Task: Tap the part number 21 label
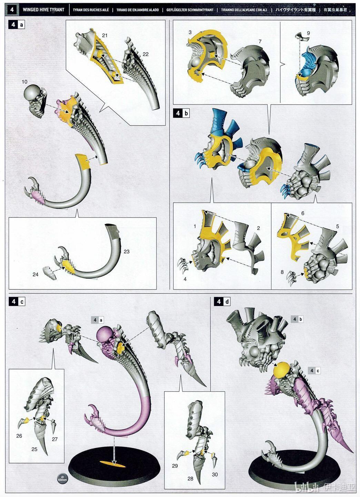click(105, 35)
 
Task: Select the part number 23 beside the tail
click(127, 252)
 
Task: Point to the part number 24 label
click(36, 274)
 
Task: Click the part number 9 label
click(308, 33)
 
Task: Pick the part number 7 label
click(260, 41)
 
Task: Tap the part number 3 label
click(190, 32)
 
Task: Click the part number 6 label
click(303, 213)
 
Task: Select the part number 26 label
click(19, 436)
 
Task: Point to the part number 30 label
click(215, 474)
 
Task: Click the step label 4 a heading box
click(17, 25)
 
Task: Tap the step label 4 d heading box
click(223, 302)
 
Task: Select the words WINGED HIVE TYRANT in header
click(43, 9)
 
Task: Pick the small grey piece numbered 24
click(49, 274)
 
